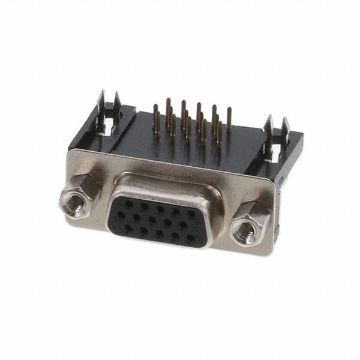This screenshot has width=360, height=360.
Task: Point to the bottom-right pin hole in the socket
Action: (x=190, y=238)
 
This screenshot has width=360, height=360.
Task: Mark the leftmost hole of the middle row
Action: (x=121, y=215)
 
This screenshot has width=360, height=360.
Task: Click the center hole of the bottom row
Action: (x=158, y=232)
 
